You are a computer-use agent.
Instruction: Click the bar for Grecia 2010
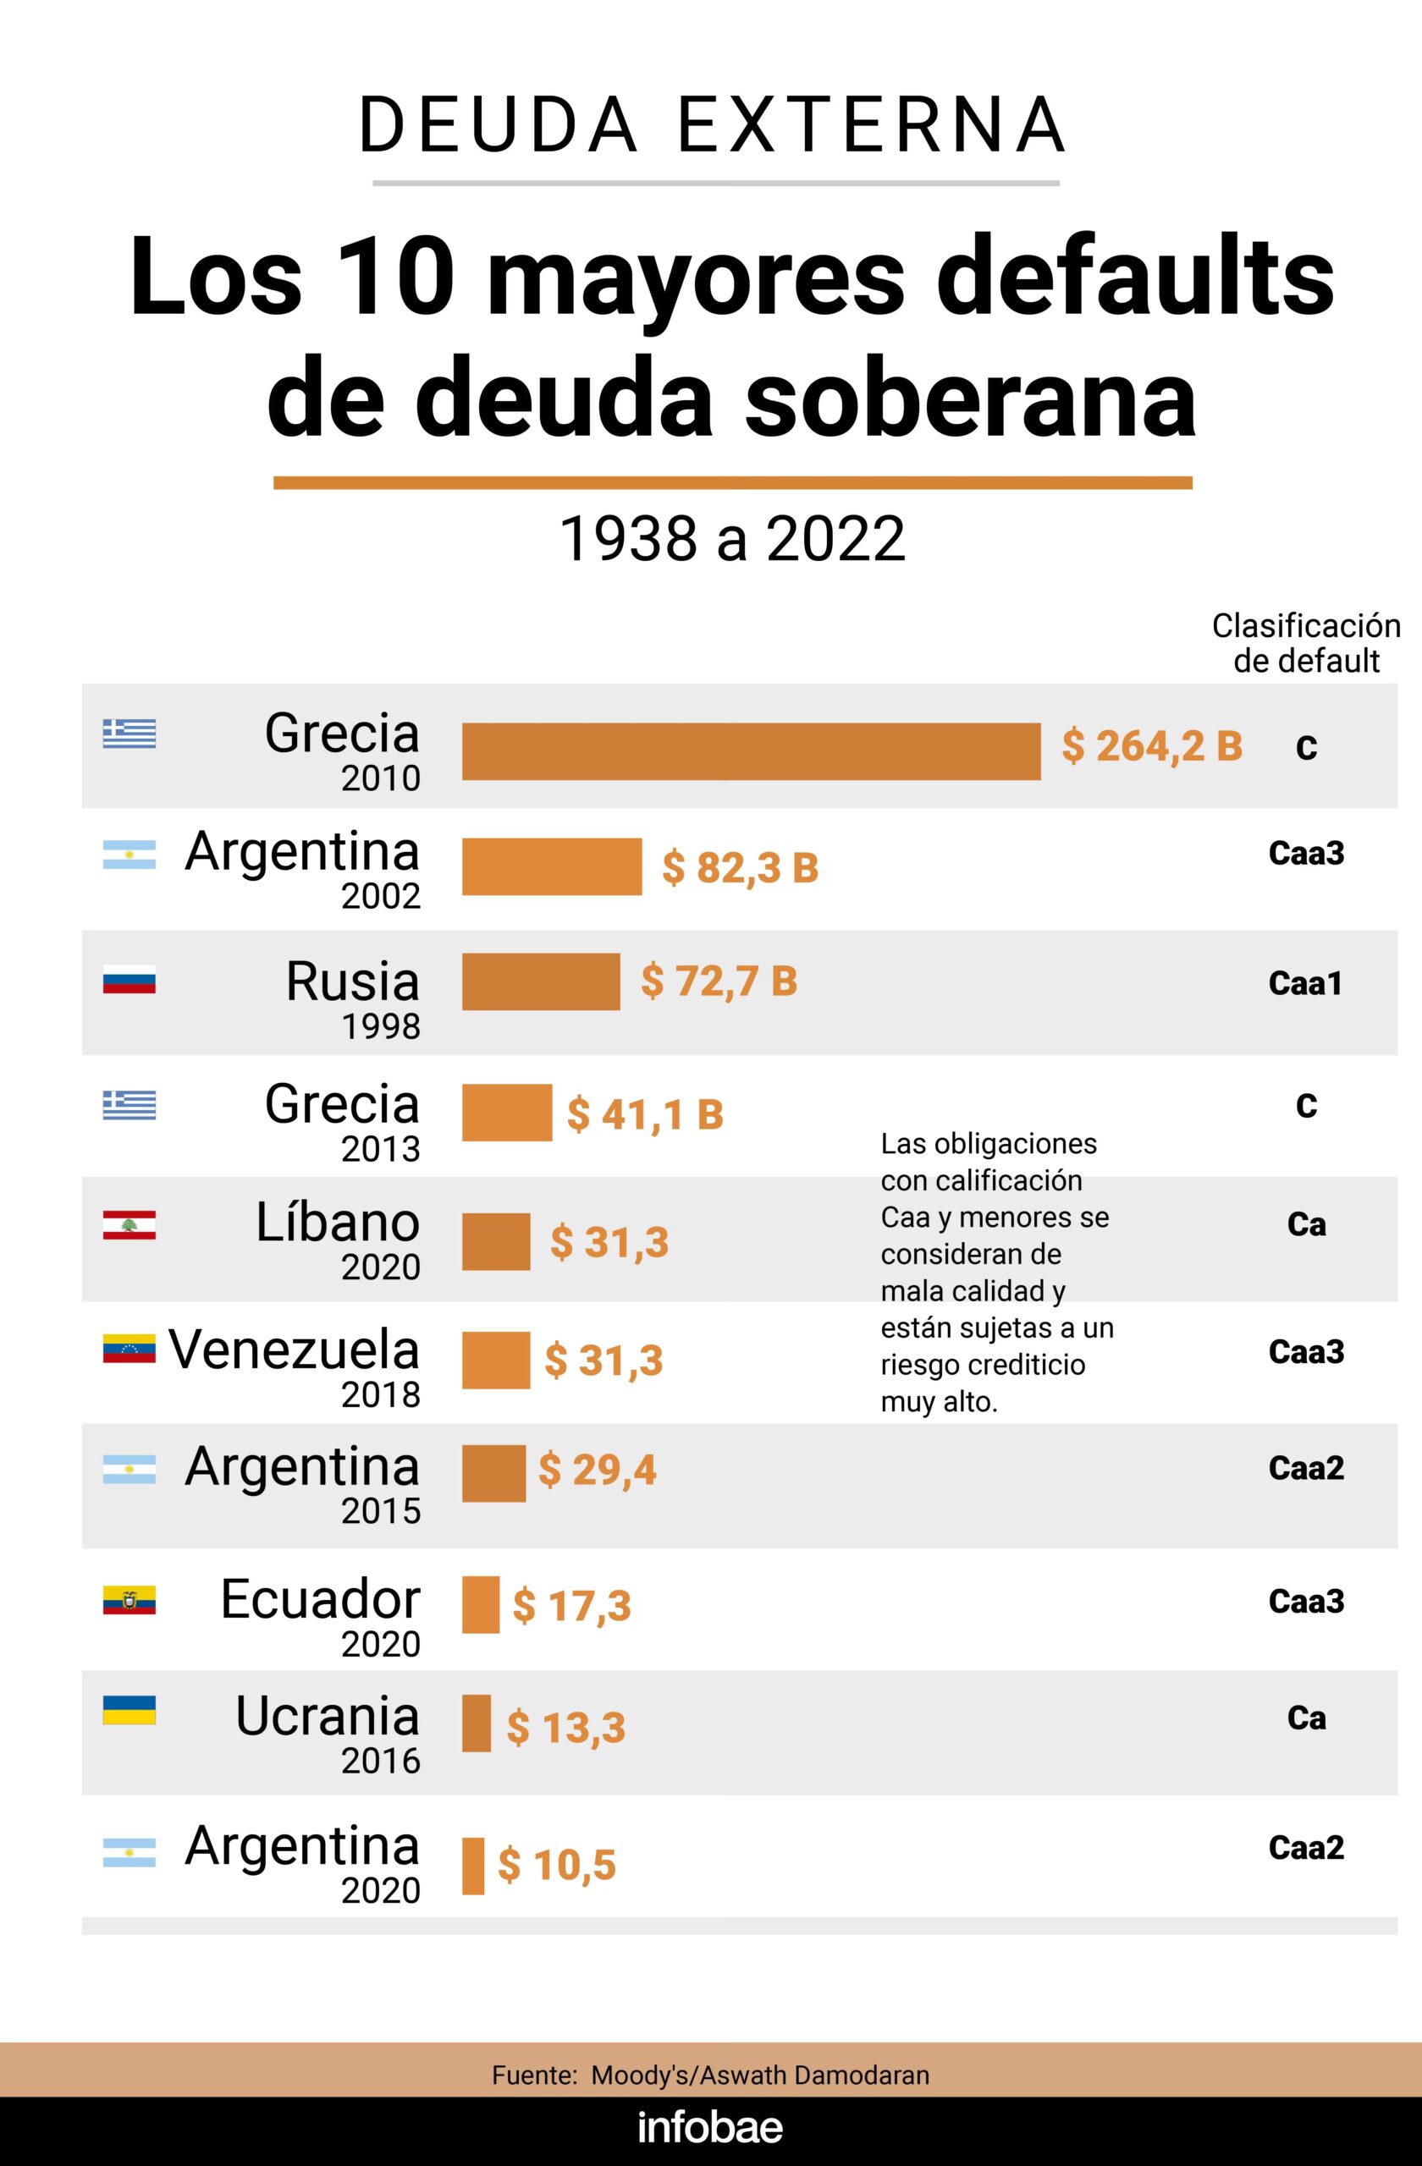pos(751,751)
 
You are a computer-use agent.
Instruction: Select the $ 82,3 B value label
pos(739,867)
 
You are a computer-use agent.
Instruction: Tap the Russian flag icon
pos(130,979)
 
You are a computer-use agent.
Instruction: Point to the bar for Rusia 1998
pos(541,982)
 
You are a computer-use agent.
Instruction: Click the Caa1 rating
pos(1305,984)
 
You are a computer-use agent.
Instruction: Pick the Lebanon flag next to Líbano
pos(130,1225)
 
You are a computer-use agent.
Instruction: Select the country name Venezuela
pos(293,1349)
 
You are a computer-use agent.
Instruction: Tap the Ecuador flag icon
pos(130,1601)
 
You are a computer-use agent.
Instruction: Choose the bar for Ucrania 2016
pos(477,1723)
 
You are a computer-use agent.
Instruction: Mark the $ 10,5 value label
pos(556,1865)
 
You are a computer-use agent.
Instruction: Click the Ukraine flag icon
pos(130,1710)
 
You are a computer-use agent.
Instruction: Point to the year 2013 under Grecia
pos(381,1150)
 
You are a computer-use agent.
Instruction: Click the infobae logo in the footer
pos(710,2128)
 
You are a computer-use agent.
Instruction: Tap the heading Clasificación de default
pos(1305,642)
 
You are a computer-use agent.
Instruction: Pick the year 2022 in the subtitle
pos(835,539)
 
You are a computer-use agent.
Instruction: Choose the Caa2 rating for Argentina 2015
pos(1305,1468)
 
